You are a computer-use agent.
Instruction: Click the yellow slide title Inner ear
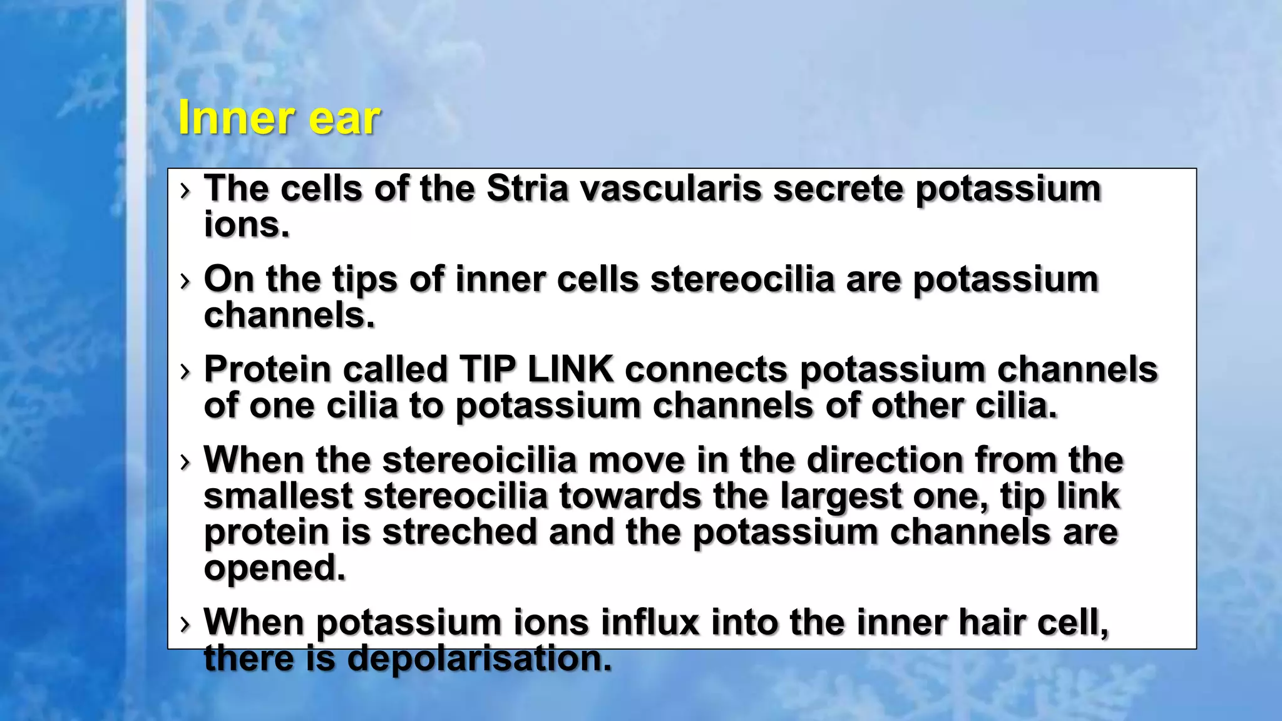point(279,117)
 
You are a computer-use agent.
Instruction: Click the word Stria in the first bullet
point(527,188)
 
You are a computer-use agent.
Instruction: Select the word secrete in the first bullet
point(838,188)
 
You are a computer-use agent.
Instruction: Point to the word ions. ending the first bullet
point(247,225)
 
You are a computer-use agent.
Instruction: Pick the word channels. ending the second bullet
point(289,315)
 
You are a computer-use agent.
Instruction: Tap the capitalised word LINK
point(570,369)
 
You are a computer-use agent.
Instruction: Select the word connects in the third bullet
point(706,369)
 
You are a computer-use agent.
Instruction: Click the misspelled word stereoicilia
point(479,460)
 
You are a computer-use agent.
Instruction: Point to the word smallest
point(278,496)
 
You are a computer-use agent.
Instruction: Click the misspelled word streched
point(459,532)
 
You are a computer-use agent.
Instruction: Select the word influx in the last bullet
point(650,623)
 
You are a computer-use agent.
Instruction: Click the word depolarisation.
point(479,659)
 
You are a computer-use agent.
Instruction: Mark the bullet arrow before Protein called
point(184,371)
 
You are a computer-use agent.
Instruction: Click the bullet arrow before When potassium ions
point(184,624)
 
